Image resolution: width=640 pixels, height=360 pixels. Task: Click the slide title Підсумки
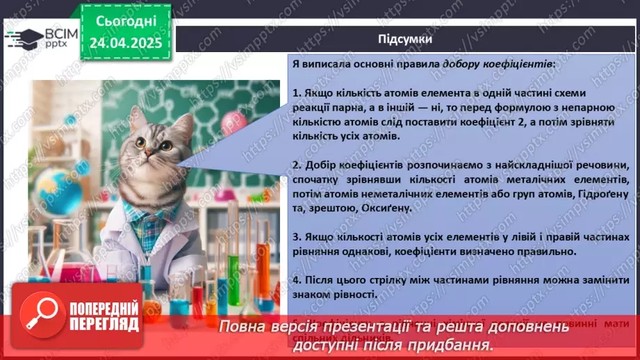tap(405, 39)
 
